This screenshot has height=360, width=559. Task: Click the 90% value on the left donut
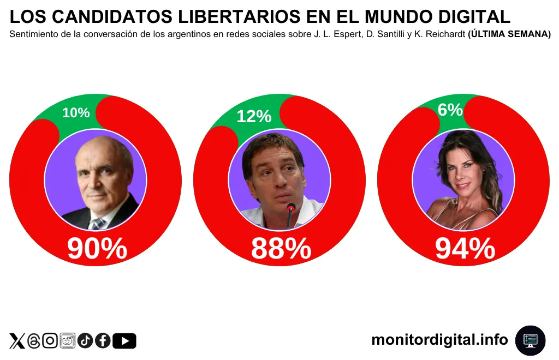click(x=97, y=249)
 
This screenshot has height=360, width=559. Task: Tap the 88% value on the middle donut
click(x=281, y=249)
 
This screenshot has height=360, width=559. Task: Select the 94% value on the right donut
click(x=465, y=249)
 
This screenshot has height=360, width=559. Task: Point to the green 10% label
click(x=76, y=113)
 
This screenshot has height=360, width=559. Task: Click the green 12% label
click(x=254, y=116)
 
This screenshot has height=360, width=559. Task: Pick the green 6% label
click(x=450, y=110)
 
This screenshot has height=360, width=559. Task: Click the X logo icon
click(x=17, y=341)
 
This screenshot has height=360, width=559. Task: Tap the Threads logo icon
click(x=34, y=341)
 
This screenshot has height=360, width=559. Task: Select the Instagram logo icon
click(x=50, y=341)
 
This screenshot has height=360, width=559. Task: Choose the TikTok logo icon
click(x=85, y=341)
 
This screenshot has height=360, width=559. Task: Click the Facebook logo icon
click(x=103, y=341)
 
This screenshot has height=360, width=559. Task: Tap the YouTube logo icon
click(x=124, y=341)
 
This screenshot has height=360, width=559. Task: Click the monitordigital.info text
click(x=439, y=340)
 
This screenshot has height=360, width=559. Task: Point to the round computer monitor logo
click(x=530, y=340)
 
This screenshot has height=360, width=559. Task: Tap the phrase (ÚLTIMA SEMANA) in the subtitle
click(x=509, y=34)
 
